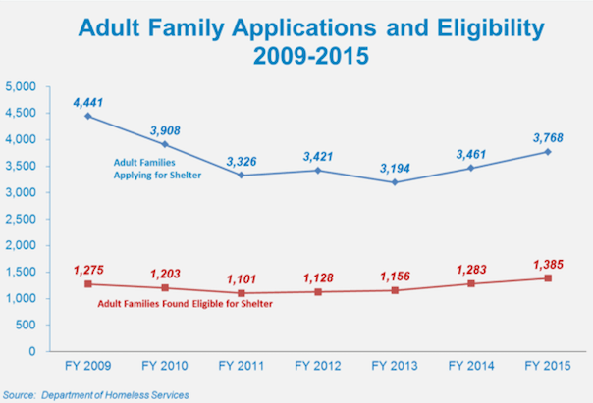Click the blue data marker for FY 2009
[88, 116]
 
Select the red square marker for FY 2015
[547, 277]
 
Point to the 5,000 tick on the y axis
[20, 87]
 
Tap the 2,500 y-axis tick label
[20, 219]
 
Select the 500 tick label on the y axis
[26, 325]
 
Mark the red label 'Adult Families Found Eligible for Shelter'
[185, 303]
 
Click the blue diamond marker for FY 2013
[394, 182]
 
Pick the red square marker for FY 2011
[242, 293]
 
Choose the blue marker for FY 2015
[547, 152]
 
